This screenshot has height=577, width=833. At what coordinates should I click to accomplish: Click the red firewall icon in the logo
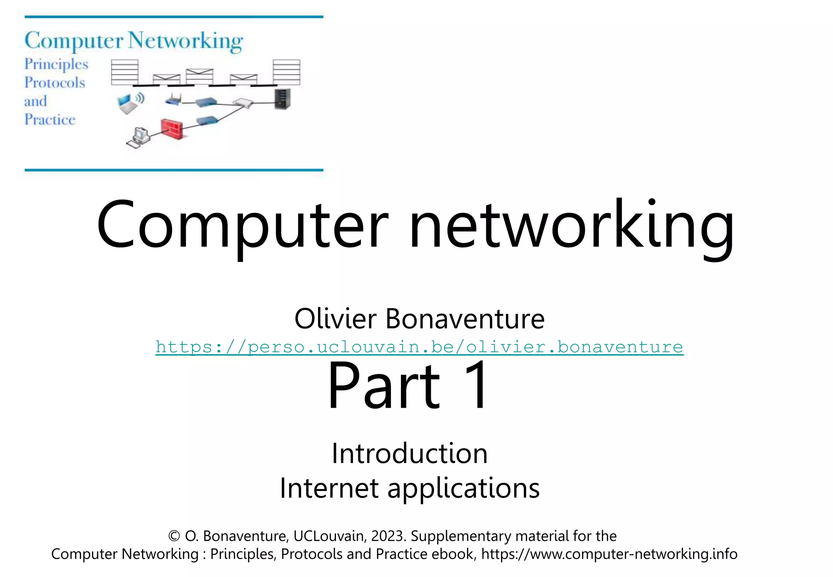(x=172, y=129)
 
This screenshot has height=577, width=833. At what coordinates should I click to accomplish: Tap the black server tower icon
(x=282, y=99)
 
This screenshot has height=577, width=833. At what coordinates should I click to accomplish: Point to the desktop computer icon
(x=139, y=138)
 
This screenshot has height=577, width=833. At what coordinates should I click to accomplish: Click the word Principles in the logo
(x=56, y=64)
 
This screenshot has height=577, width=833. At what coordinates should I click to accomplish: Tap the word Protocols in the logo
(x=55, y=83)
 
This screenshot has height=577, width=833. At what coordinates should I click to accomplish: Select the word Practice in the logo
(x=50, y=120)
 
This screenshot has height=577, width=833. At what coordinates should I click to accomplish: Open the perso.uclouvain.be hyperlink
(x=419, y=347)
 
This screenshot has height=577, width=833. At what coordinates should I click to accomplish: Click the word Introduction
(x=409, y=453)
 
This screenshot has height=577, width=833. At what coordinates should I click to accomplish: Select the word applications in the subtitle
(x=463, y=488)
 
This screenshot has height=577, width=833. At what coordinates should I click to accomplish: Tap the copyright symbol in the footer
(x=174, y=536)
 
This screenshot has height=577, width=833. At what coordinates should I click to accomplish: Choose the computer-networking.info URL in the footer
(x=609, y=554)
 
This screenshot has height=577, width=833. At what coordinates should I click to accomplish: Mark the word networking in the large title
(x=571, y=225)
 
